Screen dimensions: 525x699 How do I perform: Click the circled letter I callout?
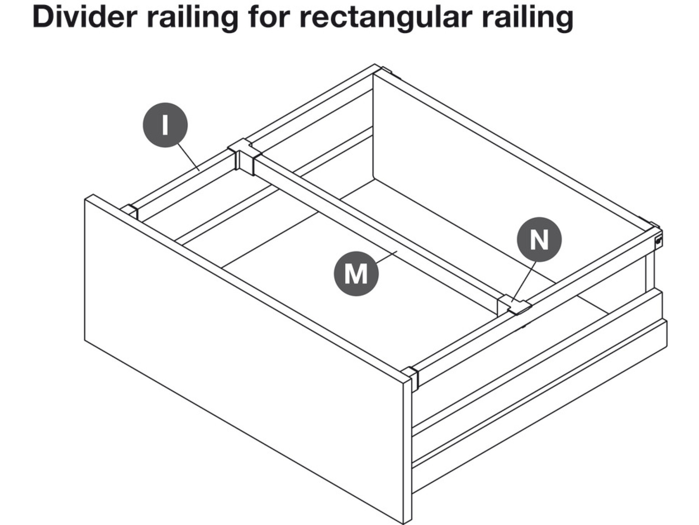pyautogui.click(x=165, y=125)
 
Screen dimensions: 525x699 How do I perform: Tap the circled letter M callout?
pyautogui.click(x=356, y=273)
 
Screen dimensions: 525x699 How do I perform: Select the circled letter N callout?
pyautogui.click(x=539, y=239)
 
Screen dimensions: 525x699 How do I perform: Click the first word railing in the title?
pyautogui.click(x=192, y=17)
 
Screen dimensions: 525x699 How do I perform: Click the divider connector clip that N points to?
pyautogui.click(x=515, y=305)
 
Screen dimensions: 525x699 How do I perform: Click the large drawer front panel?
pyautogui.click(x=241, y=350)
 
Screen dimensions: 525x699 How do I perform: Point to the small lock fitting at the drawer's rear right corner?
pyautogui.click(x=658, y=241)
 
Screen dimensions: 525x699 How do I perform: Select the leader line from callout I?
pyautogui.click(x=189, y=157)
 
